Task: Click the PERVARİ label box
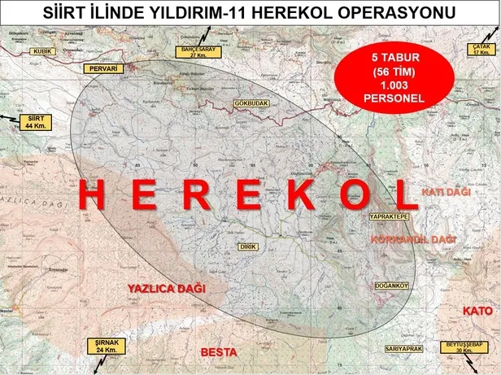tap(105, 69)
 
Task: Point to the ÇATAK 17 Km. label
tap(480, 50)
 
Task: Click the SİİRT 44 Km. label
tap(34, 122)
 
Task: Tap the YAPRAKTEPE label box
tap(388, 218)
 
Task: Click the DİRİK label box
tap(247, 246)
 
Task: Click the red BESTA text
tap(218, 352)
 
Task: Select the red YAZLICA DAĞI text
tap(168, 288)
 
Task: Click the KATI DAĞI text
tap(447, 191)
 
